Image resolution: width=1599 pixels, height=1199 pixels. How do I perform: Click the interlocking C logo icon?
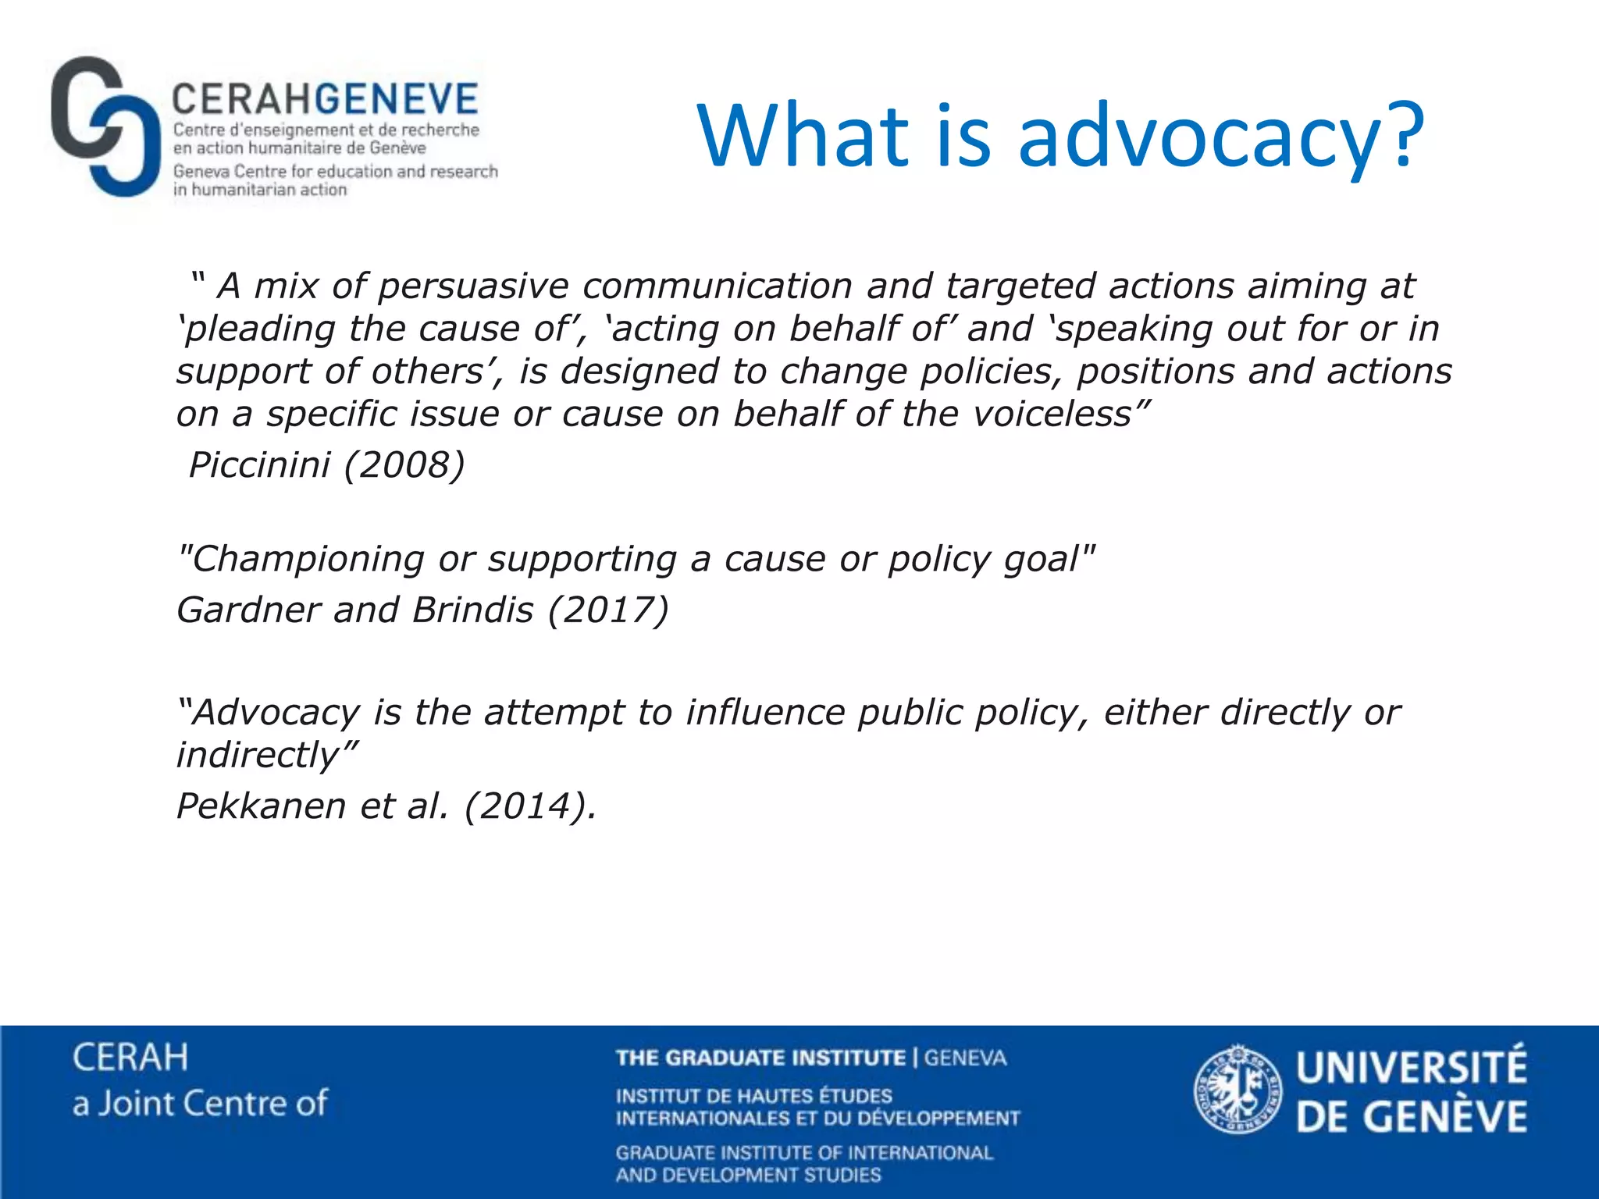tap(100, 126)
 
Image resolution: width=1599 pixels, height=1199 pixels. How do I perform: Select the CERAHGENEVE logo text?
tap(324, 99)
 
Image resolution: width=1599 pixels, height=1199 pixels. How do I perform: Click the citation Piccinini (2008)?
tap(326, 464)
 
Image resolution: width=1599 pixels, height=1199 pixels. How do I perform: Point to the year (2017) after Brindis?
tap(608, 610)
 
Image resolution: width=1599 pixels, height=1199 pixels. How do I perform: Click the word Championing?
tap(301, 559)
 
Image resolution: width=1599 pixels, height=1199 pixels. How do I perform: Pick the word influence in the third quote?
tap(765, 712)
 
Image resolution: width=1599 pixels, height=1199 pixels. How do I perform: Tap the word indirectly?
tap(258, 755)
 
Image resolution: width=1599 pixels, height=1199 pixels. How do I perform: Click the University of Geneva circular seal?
tap(1238, 1090)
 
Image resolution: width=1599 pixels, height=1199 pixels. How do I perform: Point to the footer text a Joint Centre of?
tap(200, 1103)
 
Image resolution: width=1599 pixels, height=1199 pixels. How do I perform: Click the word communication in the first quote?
tap(717, 286)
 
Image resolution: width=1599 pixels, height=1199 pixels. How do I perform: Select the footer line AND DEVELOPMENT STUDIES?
tap(748, 1175)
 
